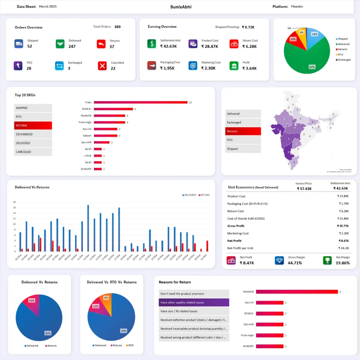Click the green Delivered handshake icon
tap(60, 44)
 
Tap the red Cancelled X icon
tap(102, 66)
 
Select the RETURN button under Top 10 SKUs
tap(33, 126)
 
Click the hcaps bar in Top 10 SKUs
tap(140, 102)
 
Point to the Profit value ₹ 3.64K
tap(249, 68)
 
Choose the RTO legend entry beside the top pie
tap(341, 54)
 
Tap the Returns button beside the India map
tap(243, 131)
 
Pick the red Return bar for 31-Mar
tap(207, 246)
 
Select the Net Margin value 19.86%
tap(342, 263)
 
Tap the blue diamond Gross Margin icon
tap(279, 261)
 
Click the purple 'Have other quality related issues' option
tap(194, 302)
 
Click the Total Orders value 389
tap(117, 27)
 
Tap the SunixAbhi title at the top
tap(181, 6)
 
